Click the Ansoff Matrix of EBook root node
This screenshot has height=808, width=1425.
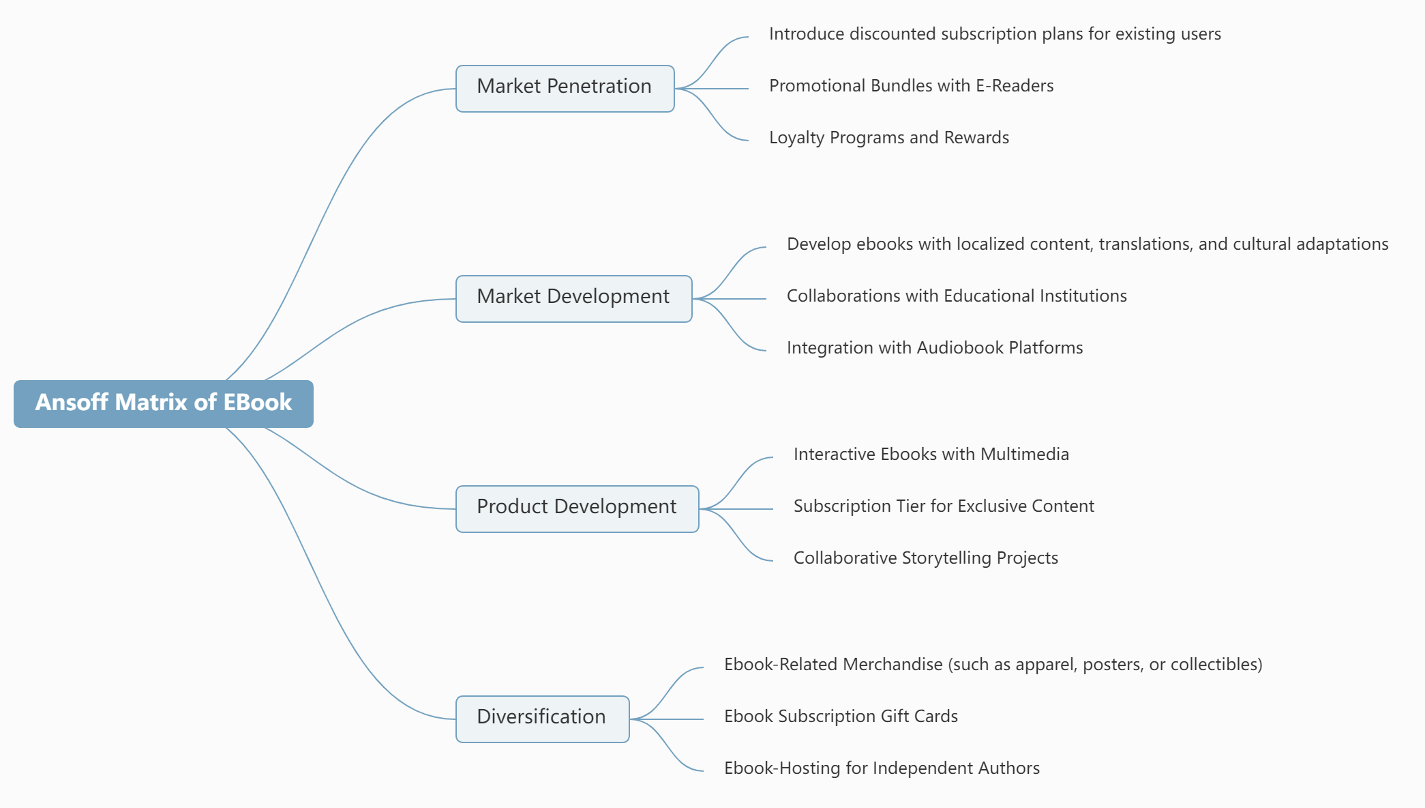pyautogui.click(x=164, y=403)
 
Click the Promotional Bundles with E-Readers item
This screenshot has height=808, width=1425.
pyautogui.click(x=911, y=86)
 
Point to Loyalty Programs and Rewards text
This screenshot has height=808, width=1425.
pyautogui.click(x=888, y=138)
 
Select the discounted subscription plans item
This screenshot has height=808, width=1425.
pyautogui.click(x=994, y=34)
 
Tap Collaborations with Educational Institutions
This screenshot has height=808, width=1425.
pyautogui.click(x=956, y=296)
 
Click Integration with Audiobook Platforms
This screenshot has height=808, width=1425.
pyautogui.click(x=934, y=348)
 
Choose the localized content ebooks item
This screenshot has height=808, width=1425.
pyautogui.click(x=1087, y=244)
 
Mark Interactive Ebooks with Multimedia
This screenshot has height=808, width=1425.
pyautogui.click(x=931, y=454)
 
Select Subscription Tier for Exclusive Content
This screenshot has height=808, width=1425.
pyautogui.click(x=943, y=506)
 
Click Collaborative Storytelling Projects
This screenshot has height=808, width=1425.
pyautogui.click(x=925, y=558)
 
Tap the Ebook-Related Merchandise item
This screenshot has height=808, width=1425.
pyautogui.click(x=993, y=665)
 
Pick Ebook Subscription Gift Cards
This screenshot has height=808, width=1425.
pyautogui.click(x=841, y=717)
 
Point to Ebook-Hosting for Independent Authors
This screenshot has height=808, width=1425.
pyautogui.click(x=882, y=768)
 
